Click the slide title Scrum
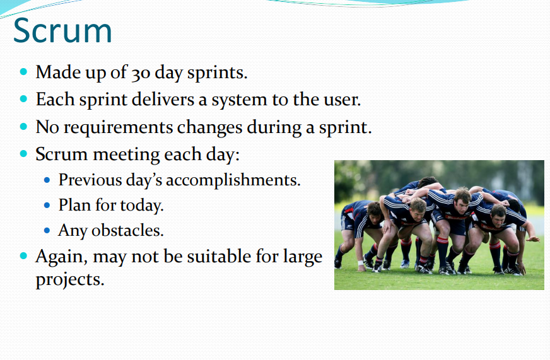[x=62, y=31]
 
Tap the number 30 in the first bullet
[x=141, y=73]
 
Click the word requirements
[x=118, y=127]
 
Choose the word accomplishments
[x=233, y=180]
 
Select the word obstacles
[x=127, y=231]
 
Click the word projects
[x=70, y=280]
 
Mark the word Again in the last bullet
[x=61, y=257]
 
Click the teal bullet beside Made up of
[x=23, y=72]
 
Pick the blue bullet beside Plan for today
[x=47, y=206]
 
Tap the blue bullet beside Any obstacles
[x=47, y=231]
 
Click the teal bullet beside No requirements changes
[x=23, y=127]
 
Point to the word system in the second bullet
[x=239, y=100]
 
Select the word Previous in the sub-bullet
[x=90, y=180]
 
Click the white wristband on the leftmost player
[x=360, y=262]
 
